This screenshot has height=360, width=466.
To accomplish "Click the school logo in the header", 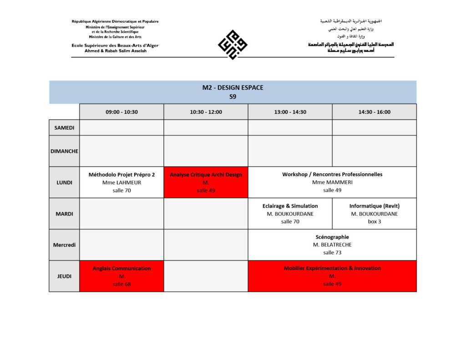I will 233,44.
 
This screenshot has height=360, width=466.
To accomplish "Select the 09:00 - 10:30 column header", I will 122,112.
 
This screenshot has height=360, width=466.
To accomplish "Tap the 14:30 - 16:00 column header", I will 374,112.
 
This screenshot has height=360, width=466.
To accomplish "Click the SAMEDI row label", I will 64,127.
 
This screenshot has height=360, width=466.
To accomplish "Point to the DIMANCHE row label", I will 64,151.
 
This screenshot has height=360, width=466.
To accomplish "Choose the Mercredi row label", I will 64,245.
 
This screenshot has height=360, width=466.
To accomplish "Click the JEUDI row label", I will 64,276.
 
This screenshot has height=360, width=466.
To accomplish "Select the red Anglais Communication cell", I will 122,276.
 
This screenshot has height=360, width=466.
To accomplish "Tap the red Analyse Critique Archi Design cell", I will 206,182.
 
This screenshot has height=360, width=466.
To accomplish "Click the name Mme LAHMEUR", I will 122,183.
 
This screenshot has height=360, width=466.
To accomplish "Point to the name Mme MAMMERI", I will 332,183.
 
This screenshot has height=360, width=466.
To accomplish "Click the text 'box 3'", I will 374,222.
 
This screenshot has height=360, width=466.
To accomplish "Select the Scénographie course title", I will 332,237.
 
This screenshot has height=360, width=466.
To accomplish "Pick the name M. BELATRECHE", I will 332,245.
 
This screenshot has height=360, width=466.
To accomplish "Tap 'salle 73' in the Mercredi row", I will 332,253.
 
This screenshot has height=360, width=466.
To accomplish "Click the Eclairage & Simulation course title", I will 290,206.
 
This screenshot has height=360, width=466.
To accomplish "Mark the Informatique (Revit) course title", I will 374,206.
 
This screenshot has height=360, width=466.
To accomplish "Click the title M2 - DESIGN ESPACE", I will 233,88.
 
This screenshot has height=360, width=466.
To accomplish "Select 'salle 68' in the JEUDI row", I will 122,284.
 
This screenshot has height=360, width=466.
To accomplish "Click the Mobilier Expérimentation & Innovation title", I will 332,269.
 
